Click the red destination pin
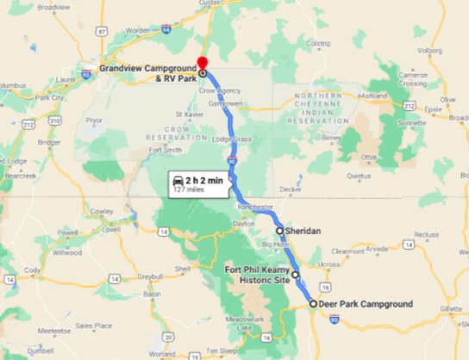pos(203,62)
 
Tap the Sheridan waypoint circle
pos(279,231)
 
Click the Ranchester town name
pos(255,207)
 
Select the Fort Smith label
pos(166,149)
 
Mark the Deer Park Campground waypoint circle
pos(313,304)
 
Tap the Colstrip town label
pos(318,41)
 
